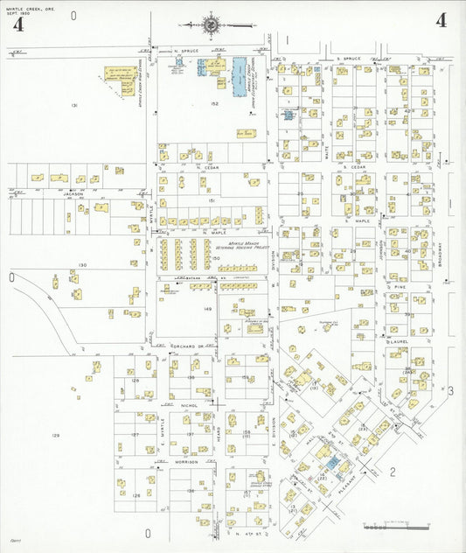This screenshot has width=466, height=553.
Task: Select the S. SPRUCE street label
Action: tap(350, 59)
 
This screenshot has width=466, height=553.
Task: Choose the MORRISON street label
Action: tap(185, 461)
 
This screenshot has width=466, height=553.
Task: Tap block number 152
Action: tap(213, 103)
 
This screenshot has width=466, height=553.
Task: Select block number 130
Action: tap(83, 264)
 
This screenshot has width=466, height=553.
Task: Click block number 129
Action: tap(55, 435)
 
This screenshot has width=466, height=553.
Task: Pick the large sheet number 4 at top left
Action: tap(17, 24)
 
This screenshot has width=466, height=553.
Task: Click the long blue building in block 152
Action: tap(238, 76)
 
